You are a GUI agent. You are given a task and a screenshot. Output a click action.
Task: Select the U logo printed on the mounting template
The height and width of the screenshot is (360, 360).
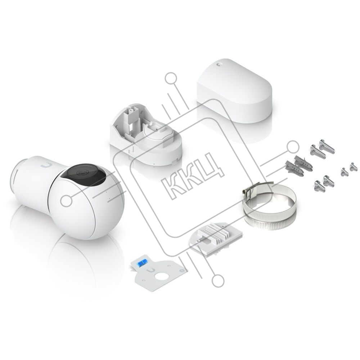150,271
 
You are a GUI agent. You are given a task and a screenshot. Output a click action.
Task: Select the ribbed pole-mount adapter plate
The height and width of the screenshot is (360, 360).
216,238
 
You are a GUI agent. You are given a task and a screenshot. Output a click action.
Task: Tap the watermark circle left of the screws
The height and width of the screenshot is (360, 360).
293,147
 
